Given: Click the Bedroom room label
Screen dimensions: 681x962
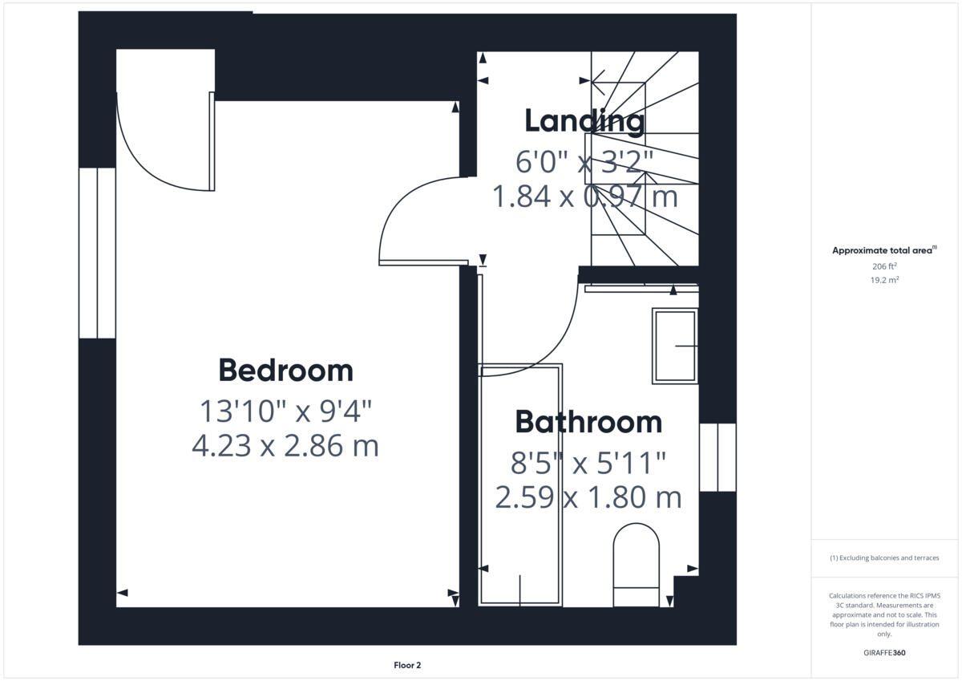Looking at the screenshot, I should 285,371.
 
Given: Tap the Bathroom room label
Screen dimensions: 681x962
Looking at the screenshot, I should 588,422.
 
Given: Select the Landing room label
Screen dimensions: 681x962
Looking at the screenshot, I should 584,121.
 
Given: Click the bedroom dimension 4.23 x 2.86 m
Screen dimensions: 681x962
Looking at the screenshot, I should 285,445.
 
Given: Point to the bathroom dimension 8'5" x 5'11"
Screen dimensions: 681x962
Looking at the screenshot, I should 588,463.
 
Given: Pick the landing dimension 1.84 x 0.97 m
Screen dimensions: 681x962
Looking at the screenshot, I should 584,196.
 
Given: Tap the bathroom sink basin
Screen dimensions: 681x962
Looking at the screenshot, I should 675,346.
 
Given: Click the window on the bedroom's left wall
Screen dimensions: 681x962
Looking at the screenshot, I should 97,253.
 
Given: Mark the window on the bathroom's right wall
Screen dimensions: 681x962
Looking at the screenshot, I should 717,457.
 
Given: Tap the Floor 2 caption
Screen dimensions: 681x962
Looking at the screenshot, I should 407,665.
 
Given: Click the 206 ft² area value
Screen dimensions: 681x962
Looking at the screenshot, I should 884,266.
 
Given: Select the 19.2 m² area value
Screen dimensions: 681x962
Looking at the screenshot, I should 884,280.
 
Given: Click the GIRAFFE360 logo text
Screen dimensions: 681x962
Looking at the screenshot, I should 884,653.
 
